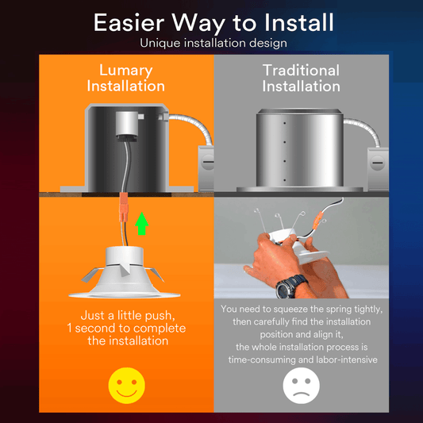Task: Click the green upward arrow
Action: pyautogui.click(x=141, y=223)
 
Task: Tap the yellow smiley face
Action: pyautogui.click(x=126, y=386)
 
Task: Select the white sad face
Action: pyautogui.click(x=301, y=386)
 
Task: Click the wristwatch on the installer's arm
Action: pyautogui.click(x=290, y=286)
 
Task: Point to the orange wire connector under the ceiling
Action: pyautogui.click(x=124, y=206)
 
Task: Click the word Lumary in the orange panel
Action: pyautogui.click(x=126, y=71)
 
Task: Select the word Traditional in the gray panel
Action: pyautogui.click(x=301, y=71)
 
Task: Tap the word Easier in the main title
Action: pyautogui.click(x=129, y=23)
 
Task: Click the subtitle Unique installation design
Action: pyautogui.click(x=213, y=43)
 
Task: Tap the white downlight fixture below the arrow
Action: pyautogui.click(x=124, y=272)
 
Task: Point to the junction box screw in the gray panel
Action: pyautogui.click(x=377, y=163)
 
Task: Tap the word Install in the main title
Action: pyautogui.click(x=299, y=23)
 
